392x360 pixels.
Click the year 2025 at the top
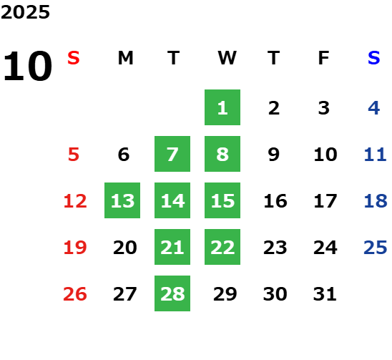click(25, 12)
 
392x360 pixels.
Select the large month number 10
click(27, 66)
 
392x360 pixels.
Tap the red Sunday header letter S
click(74, 58)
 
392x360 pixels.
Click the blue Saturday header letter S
click(374, 58)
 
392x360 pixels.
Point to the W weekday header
click(227, 58)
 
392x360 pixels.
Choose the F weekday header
click(324, 58)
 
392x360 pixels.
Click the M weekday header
click(125, 58)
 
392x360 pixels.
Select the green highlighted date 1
click(222, 107)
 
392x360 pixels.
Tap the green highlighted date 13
click(122, 200)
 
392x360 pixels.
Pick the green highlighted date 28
click(172, 293)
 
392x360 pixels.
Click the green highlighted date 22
click(222, 247)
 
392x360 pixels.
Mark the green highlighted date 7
click(172, 154)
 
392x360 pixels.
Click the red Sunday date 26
click(75, 294)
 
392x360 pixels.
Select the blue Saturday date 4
click(374, 108)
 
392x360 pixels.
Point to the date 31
click(325, 294)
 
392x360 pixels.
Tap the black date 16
click(275, 201)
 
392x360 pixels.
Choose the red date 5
click(74, 155)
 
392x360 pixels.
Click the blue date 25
click(376, 248)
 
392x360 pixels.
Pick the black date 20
click(125, 248)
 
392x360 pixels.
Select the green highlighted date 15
click(222, 200)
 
